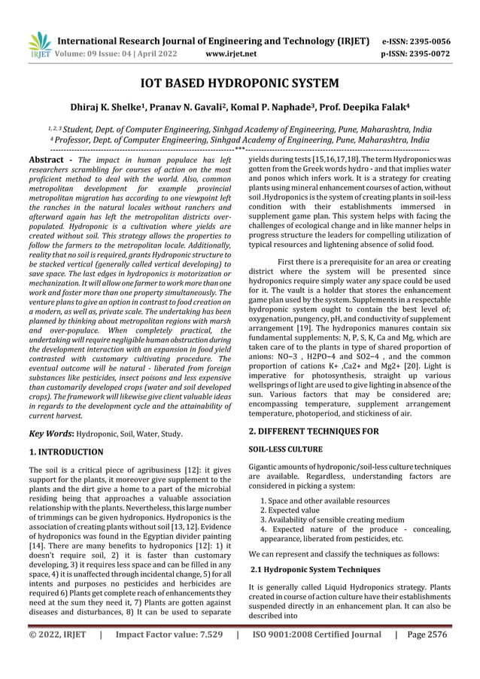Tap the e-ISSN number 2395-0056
coord(428,41)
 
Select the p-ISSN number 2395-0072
coord(428,54)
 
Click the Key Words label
coord(50,434)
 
